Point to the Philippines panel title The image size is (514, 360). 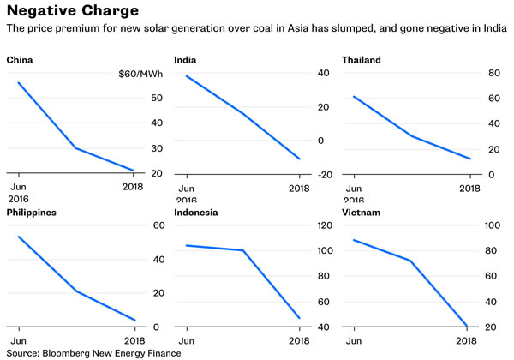pyautogui.click(x=32, y=213)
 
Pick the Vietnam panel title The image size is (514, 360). pyautogui.click(x=361, y=213)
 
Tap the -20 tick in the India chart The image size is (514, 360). pyautogui.click(x=324, y=175)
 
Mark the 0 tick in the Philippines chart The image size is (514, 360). pyautogui.click(x=156, y=327)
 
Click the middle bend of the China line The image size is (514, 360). pyautogui.click(x=75, y=148)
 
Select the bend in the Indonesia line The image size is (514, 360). pyautogui.click(x=243, y=250)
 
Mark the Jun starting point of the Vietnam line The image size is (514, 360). pyautogui.click(x=354, y=240)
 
